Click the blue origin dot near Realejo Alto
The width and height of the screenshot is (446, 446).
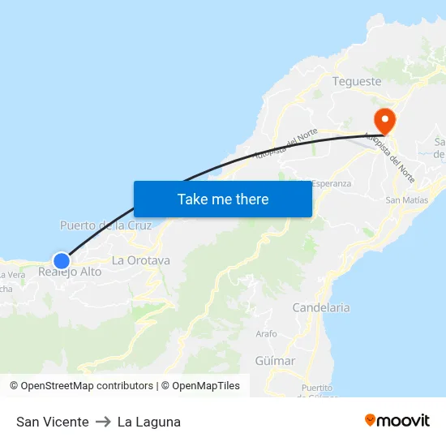(62, 260)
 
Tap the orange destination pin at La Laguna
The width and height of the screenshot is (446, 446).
(383, 121)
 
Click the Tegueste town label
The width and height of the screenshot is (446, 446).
(357, 81)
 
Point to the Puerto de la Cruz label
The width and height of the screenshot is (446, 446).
(105, 225)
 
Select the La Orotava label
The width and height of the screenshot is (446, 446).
(141, 260)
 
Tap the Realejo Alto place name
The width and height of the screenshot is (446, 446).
(71, 272)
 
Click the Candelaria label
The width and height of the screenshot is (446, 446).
(321, 307)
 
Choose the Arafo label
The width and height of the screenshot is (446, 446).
(266, 333)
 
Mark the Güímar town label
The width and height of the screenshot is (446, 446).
(275, 360)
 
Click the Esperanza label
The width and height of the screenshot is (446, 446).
(331, 183)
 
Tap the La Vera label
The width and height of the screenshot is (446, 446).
(6, 274)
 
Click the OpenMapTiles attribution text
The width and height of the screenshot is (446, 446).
(206, 386)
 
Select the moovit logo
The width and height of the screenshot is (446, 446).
(397, 421)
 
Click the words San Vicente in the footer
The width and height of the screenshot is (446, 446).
(53, 422)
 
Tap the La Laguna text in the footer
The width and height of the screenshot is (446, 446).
(149, 422)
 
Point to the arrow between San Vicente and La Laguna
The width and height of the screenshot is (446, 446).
(103, 422)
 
